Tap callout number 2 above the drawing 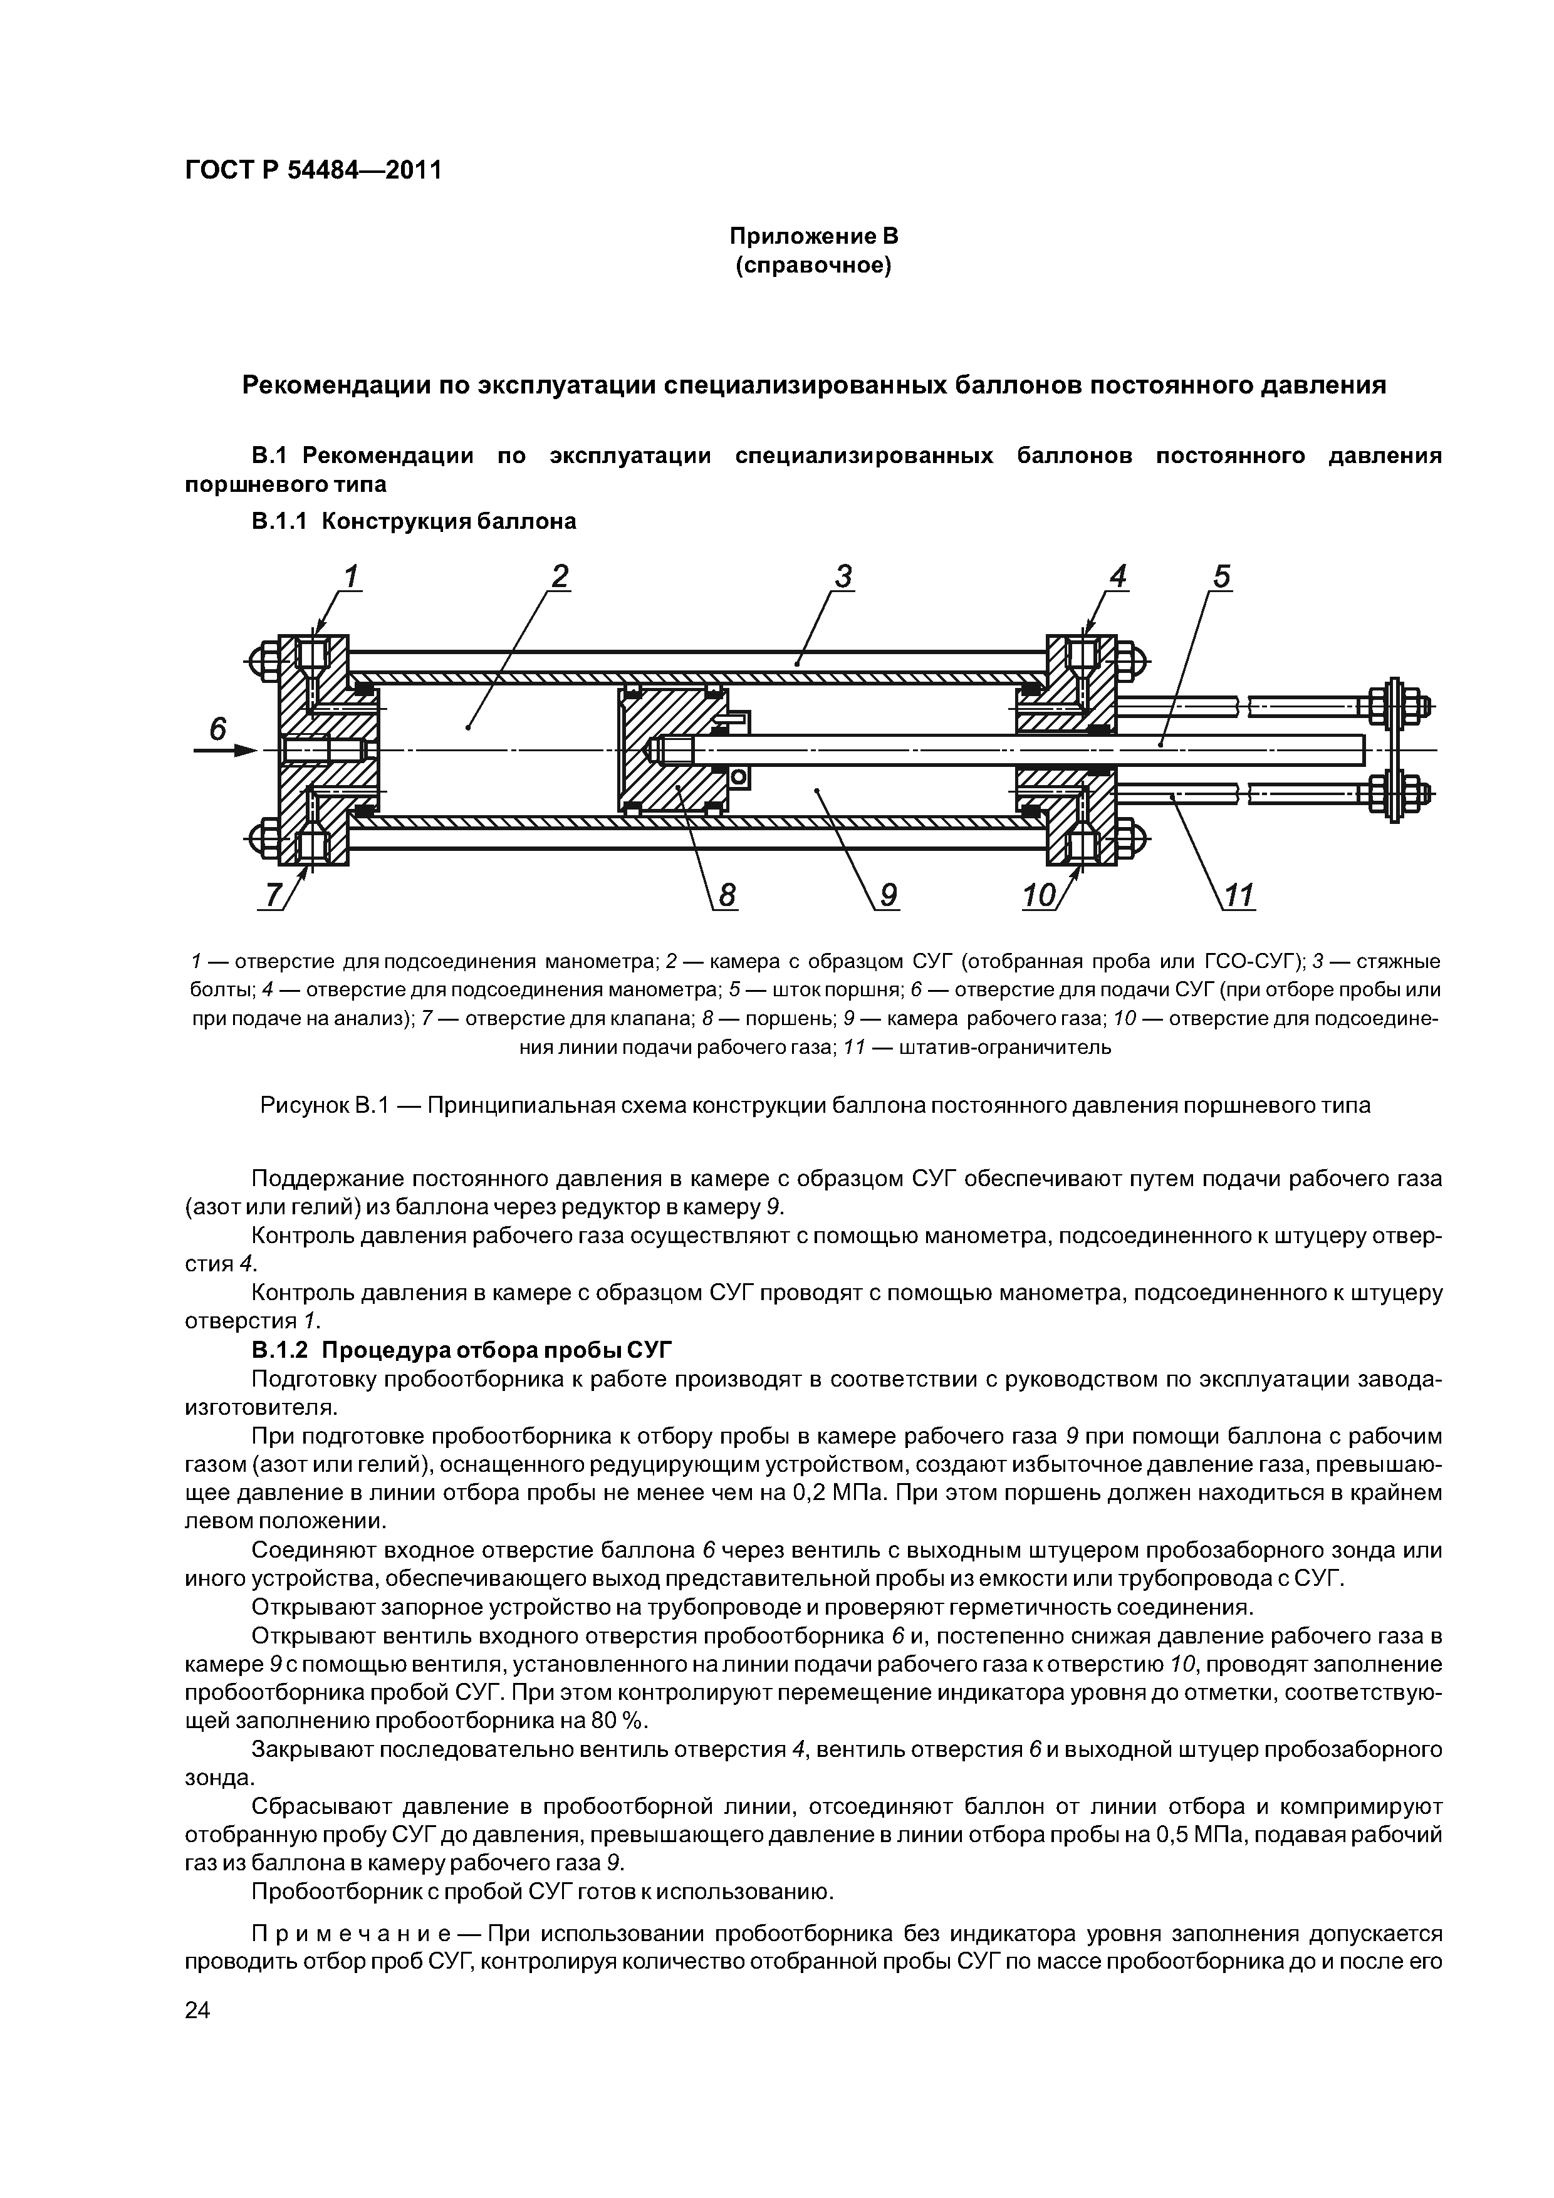pos(559,576)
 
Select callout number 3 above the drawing pos(843,576)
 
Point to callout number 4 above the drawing pos(1117,576)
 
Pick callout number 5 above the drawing pos(1221,576)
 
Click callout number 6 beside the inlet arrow pos(217,729)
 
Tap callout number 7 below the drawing pos(275,895)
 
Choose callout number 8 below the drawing pos(727,895)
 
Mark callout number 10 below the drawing pos(1040,895)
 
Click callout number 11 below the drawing pos(1239,895)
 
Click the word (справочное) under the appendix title pos(813,265)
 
